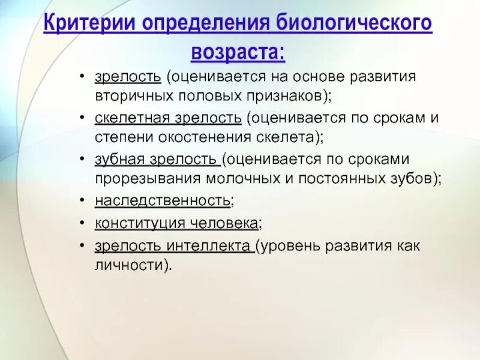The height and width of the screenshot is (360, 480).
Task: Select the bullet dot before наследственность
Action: coord(81,202)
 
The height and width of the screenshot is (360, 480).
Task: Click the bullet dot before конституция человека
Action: coord(81,223)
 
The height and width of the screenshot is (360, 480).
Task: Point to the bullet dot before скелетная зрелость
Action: coord(81,117)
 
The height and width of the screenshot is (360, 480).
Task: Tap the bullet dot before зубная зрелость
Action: coord(81,160)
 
